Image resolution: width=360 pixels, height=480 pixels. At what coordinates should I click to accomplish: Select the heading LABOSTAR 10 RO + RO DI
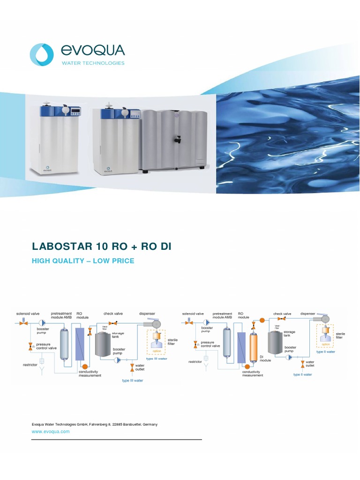point(105,247)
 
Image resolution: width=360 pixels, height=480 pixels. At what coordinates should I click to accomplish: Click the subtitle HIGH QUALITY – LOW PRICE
point(82,261)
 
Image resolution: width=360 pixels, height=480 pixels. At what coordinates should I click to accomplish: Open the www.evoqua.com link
point(50,432)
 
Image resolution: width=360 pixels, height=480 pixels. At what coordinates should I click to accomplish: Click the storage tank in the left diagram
point(104,344)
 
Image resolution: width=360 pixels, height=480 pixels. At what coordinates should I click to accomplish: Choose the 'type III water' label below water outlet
point(133,381)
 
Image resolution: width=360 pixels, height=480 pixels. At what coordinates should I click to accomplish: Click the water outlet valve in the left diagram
point(132,365)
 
